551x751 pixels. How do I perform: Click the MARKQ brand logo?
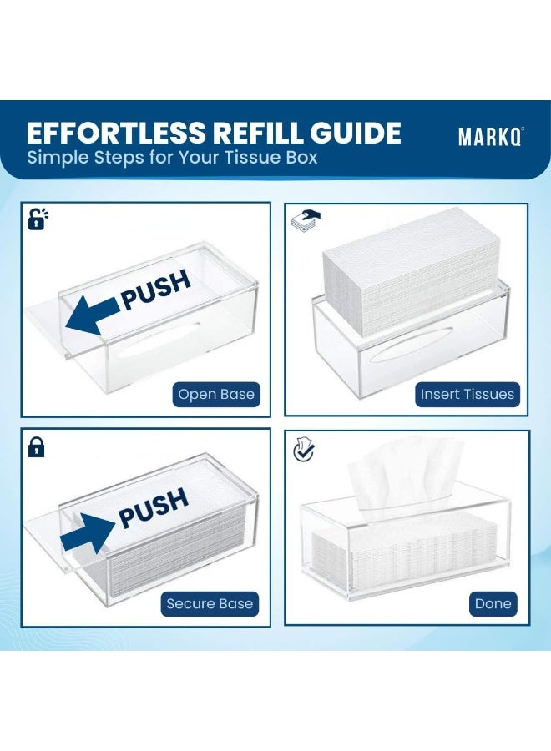coord(491,137)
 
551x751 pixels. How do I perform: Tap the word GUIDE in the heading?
coord(356,133)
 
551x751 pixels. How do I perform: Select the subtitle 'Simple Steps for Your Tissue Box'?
coord(172,157)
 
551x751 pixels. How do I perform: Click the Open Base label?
coord(216,395)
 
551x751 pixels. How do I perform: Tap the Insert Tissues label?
coord(468,395)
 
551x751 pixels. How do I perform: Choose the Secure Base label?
coord(210,603)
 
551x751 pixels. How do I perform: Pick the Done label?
coord(493,603)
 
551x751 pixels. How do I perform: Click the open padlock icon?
coord(38,219)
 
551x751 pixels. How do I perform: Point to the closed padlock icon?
coord(37,446)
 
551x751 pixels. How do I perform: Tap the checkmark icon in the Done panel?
coord(304,449)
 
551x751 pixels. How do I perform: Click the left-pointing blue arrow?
coord(93,315)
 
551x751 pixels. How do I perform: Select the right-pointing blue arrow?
coord(88,533)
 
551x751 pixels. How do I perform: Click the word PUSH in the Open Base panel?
coord(156,290)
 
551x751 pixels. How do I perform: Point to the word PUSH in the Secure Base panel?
coord(154,508)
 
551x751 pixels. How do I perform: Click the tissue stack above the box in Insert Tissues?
coord(411,273)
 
